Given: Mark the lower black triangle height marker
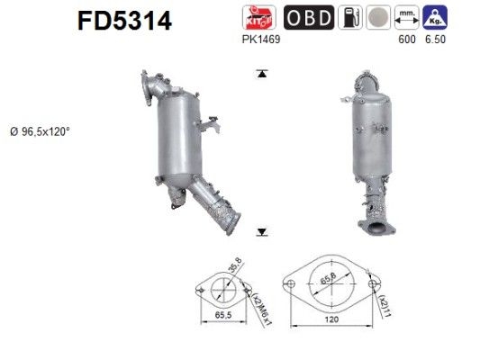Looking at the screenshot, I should click(x=262, y=232).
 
